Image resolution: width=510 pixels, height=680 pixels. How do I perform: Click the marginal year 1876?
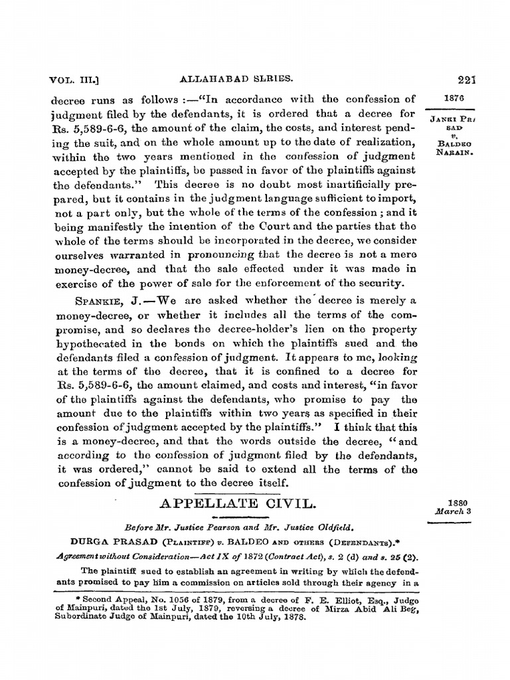click(452, 98)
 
